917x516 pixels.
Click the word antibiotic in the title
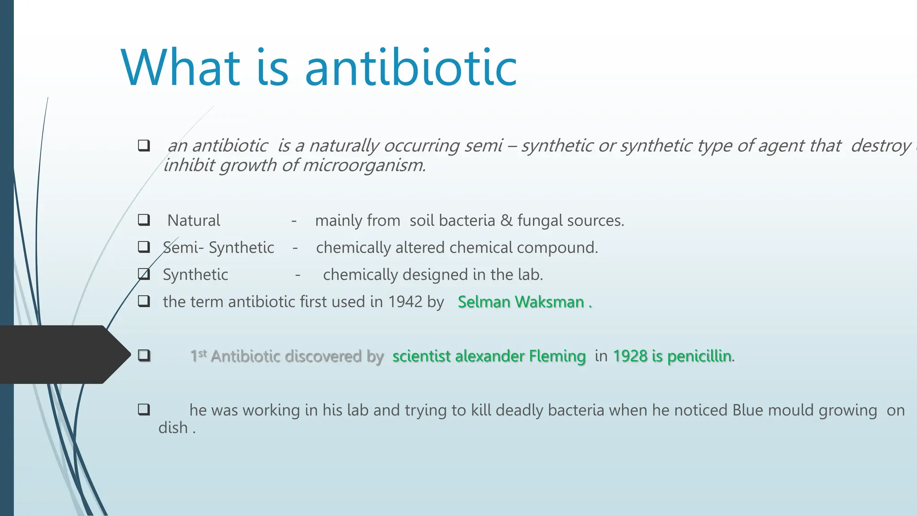pos(411,68)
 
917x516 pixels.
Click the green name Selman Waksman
pos(521,302)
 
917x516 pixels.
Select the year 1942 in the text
pos(405,302)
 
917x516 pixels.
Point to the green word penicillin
pos(699,356)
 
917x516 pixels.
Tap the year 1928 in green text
pos(630,356)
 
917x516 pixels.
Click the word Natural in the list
pos(193,220)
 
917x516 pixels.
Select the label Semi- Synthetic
pos(219,248)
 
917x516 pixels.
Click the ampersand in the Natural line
pos(506,220)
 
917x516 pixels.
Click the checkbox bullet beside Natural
pos(144,220)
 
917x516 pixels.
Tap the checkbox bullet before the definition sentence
pos(144,146)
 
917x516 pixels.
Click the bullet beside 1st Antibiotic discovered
pos(144,356)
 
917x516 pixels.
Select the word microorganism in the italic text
pos(364,165)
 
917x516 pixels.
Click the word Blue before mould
pos(747,410)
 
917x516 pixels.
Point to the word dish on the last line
pos(173,428)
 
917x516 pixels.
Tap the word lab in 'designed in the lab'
pos(529,275)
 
